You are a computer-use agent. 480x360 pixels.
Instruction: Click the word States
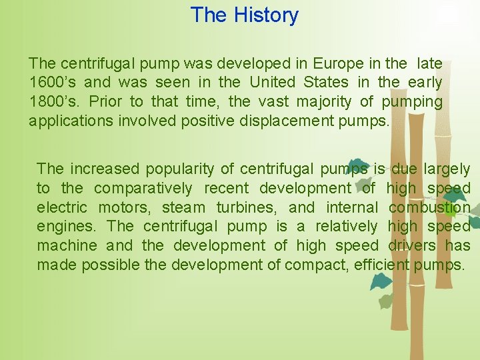point(326,83)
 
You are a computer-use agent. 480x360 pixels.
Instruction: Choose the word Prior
point(107,102)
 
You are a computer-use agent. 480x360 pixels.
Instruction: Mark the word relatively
point(346,227)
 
